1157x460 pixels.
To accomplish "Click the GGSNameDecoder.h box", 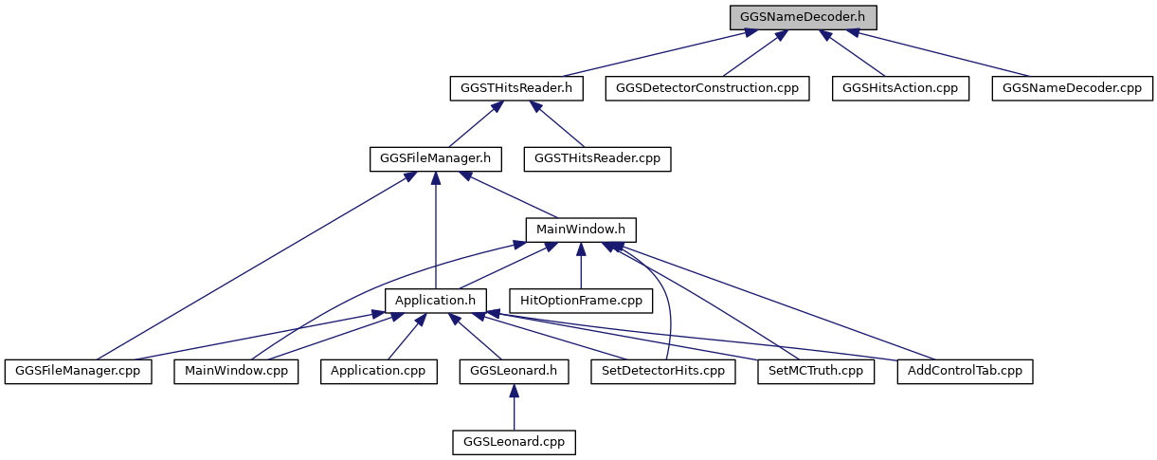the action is click(803, 18).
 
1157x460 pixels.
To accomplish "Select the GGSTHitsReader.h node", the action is click(516, 88).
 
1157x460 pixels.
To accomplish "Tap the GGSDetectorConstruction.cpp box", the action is click(707, 88).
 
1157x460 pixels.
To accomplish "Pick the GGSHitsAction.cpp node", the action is click(900, 88).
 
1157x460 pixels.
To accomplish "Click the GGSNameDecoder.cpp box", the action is click(1073, 88).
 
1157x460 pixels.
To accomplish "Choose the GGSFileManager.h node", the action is click(436, 159).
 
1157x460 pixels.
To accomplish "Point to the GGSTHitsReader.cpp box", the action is click(597, 159).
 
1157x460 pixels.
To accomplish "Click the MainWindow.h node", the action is click(581, 230).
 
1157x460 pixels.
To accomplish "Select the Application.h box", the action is click(436, 301).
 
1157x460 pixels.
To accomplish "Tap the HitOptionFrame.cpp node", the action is click(581, 301).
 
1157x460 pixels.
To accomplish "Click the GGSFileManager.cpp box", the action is click(78, 372).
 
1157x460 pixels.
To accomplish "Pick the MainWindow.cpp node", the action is click(236, 372).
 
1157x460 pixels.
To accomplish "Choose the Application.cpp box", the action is click(379, 372).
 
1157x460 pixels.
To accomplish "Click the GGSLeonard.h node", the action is click(514, 372).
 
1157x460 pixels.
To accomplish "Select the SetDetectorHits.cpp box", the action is click(663, 372).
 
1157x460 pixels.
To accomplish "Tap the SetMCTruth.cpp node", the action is click(816, 372).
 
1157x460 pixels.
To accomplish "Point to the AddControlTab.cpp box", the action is click(965, 372).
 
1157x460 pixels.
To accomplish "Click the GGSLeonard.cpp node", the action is click(514, 442).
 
